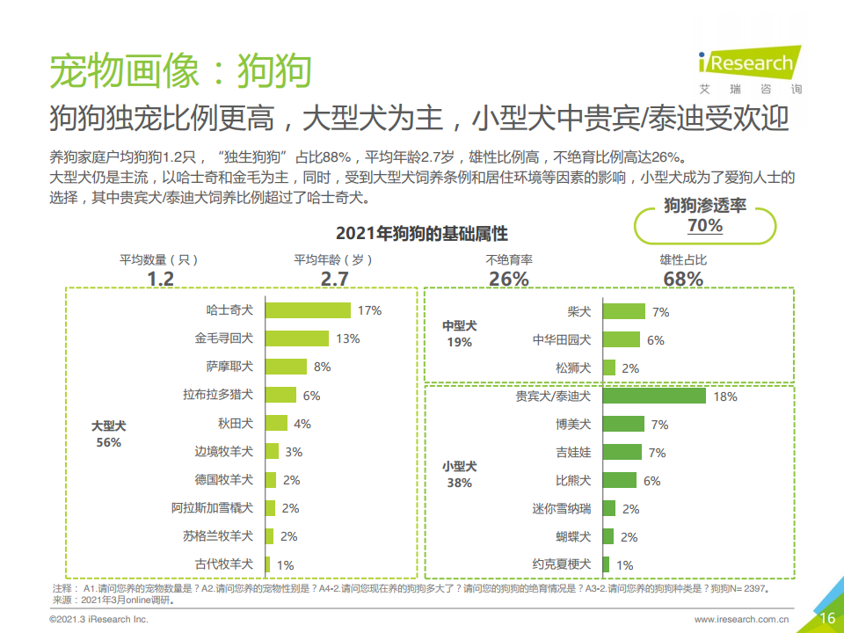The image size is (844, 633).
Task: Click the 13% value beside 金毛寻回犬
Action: click(348, 338)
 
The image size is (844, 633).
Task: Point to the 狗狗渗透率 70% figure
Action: click(705, 226)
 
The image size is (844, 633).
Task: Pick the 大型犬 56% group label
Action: click(108, 433)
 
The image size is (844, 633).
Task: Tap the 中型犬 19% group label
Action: click(459, 333)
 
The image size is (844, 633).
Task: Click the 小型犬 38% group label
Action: click(459, 474)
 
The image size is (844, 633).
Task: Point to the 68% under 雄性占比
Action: click(682, 279)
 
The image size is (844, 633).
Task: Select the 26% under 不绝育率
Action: click(509, 279)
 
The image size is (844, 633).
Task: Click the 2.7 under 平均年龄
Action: click(334, 279)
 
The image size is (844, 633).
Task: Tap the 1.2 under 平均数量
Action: click(160, 279)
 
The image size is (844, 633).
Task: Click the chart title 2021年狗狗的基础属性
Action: click(421, 234)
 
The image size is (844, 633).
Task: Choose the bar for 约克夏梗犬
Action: click(607, 564)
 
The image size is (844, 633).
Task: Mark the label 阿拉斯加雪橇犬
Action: click(212, 508)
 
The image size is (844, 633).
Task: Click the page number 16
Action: click(826, 618)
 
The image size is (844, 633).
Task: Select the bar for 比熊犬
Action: click(621, 480)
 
